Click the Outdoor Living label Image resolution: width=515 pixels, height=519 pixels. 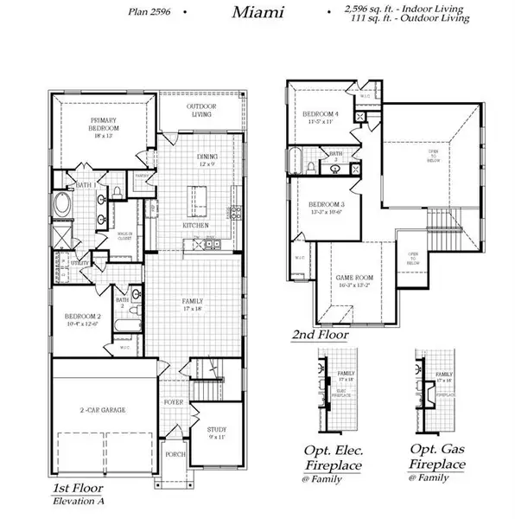[202, 111]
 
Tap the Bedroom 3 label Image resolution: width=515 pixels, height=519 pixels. [320, 208]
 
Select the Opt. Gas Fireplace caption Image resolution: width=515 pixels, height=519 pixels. [438, 458]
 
